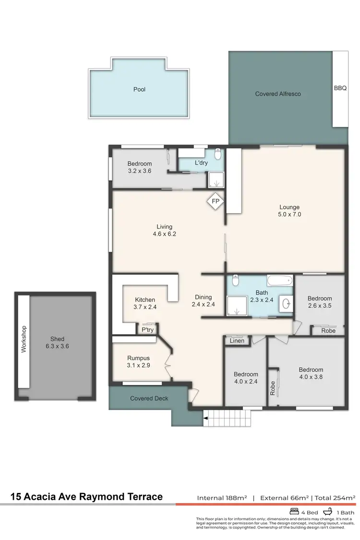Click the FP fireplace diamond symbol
pos(216,202)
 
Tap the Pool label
pos(139,89)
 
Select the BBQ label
pos(340,88)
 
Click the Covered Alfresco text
pos(278,94)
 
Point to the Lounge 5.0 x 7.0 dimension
pos(290,215)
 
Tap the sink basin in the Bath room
pos(287,303)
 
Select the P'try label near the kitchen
pos(147,330)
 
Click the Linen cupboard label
pos(237,341)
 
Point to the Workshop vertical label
pos(24,339)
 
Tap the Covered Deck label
pos(149,398)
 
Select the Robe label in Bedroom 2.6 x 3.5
pos(328,330)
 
